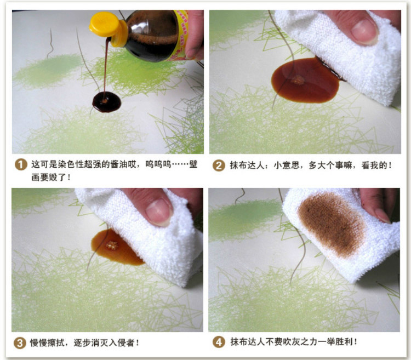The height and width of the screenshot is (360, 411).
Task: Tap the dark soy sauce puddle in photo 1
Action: [x=107, y=102]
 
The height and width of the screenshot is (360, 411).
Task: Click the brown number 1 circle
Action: [x=21, y=164]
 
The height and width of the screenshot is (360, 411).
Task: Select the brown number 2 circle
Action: [x=219, y=165]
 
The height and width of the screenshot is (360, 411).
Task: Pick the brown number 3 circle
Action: [x=20, y=343]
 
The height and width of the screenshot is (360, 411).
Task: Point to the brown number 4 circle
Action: [x=219, y=342]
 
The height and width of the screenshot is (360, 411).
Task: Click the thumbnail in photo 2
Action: [x=364, y=31]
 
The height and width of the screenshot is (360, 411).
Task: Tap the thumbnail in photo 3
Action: [x=159, y=212]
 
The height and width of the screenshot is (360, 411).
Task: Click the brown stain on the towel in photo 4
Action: [x=332, y=224]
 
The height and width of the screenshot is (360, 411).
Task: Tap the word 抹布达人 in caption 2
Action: [x=247, y=165]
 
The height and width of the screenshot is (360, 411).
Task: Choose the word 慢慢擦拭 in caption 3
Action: [x=47, y=342]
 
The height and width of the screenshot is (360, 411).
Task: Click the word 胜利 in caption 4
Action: [x=344, y=342]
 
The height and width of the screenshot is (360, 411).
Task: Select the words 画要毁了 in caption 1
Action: [x=48, y=178]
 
